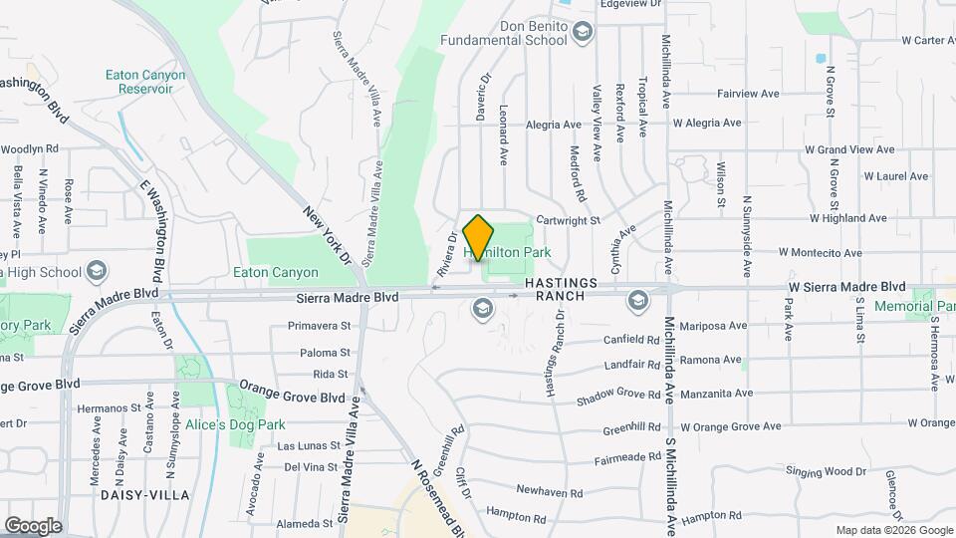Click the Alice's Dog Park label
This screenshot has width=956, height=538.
(242, 424)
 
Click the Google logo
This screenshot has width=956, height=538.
(33, 525)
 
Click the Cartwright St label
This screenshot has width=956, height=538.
(568, 220)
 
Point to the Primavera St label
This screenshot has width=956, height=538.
(319, 326)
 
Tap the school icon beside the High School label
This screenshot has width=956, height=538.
(97, 271)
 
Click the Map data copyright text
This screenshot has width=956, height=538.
(892, 530)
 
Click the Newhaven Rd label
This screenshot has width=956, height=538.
(548, 489)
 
